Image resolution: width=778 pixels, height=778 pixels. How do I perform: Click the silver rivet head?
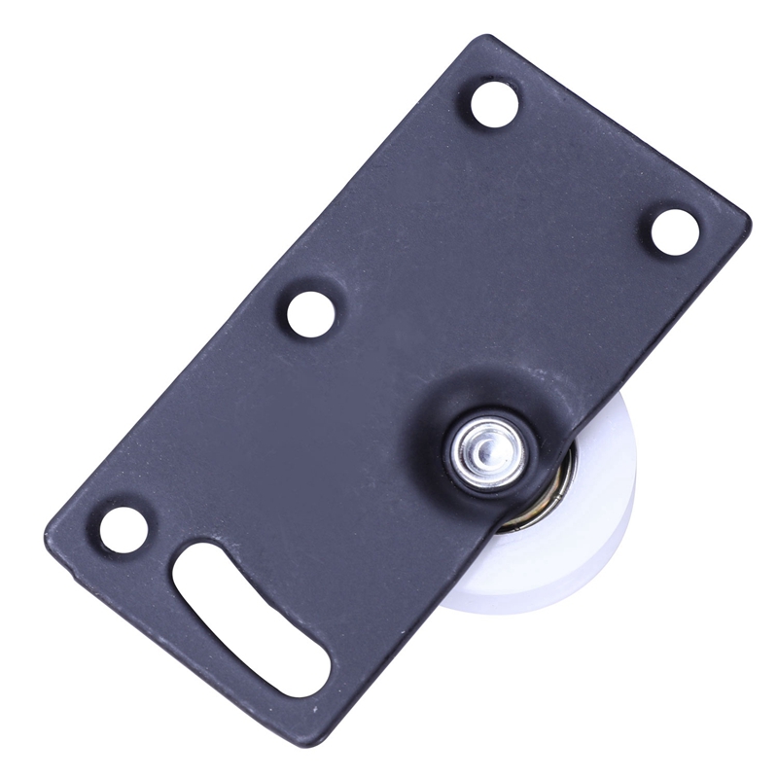488,446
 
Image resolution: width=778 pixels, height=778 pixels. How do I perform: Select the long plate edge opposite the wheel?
263,282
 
